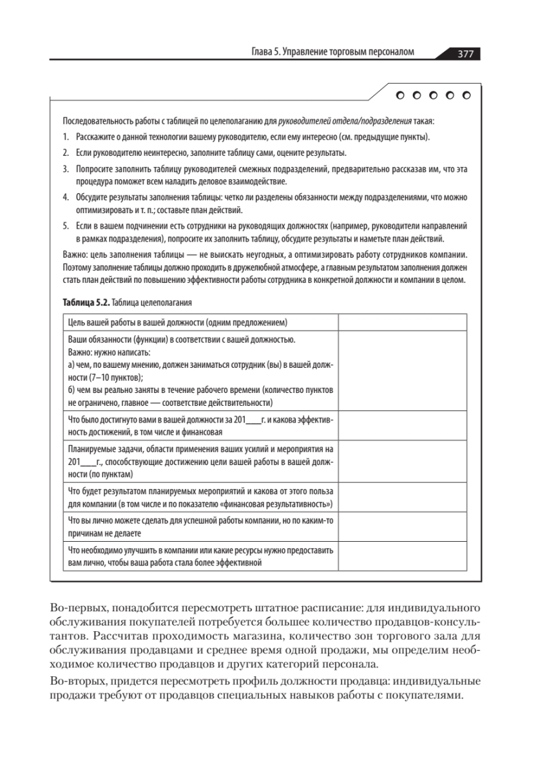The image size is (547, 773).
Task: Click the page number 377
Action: (465, 54)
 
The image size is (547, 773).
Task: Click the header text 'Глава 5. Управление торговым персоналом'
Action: (332, 53)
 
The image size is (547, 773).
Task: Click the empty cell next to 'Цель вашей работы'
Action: (402, 322)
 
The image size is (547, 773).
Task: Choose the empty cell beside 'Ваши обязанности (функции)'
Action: (402, 370)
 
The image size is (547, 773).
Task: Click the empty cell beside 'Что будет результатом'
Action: (402, 497)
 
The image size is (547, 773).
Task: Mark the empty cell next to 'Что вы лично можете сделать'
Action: (402, 527)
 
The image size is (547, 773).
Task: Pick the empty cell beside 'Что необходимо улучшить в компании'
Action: (402, 557)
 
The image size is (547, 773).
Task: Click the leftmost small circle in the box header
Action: (401, 96)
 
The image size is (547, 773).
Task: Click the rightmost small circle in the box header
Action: (467, 96)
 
